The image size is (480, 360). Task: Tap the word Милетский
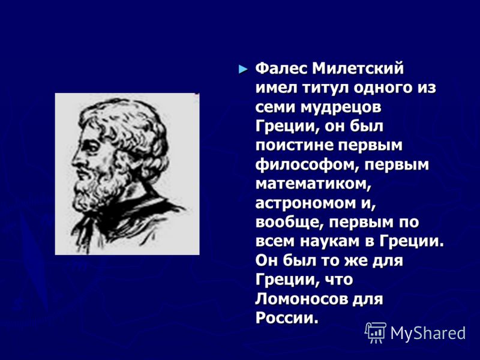click(x=358, y=68)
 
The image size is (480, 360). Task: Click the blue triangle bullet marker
click(x=243, y=69)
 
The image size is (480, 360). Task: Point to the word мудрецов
click(x=341, y=108)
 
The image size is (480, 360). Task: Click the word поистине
click(x=294, y=145)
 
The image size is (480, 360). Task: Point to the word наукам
click(x=329, y=242)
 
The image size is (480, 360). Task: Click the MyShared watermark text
click(x=428, y=334)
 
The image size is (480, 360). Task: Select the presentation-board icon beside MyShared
click(x=376, y=332)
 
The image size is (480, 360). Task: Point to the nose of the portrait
click(x=76, y=160)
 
